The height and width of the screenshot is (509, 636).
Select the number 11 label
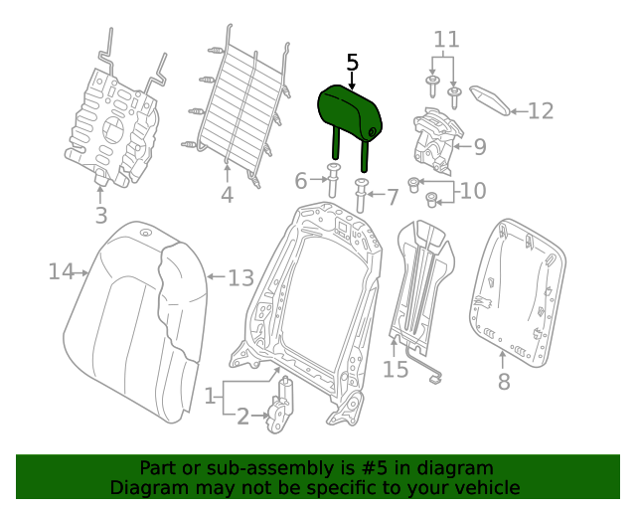[x=447, y=40]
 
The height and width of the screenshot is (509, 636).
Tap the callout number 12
[x=540, y=111]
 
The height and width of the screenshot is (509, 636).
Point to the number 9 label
[x=479, y=148]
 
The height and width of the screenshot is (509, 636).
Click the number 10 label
[x=473, y=190]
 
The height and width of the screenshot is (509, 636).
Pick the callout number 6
[x=301, y=181]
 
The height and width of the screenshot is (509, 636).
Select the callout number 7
[x=392, y=197]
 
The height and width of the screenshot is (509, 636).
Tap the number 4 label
[x=227, y=196]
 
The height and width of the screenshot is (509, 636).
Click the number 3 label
[x=100, y=216]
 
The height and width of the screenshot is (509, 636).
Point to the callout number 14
[x=61, y=270]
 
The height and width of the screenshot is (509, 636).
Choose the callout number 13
[x=240, y=277]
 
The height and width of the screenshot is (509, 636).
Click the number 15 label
[x=396, y=370]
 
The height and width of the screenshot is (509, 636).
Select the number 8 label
[x=504, y=381]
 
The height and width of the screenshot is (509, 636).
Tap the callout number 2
[x=241, y=417]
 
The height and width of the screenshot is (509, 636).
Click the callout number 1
[x=211, y=397]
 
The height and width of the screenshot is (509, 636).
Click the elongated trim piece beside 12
[x=489, y=98]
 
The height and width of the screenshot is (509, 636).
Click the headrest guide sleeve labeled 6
[x=333, y=184]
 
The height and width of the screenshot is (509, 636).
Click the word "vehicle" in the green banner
[x=485, y=488]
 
